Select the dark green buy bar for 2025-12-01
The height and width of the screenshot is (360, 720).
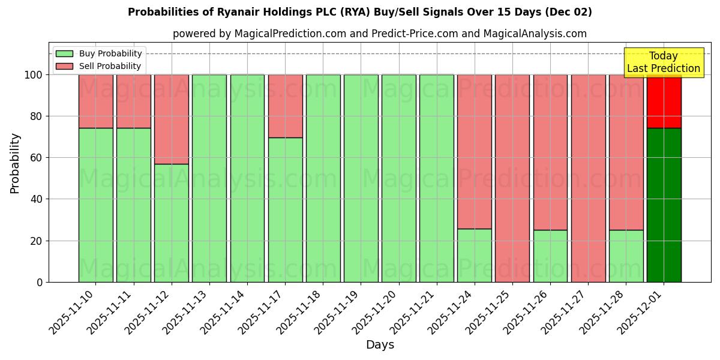(664, 205)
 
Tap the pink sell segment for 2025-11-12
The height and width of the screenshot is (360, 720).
(171, 119)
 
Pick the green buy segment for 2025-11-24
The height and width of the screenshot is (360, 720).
(474, 255)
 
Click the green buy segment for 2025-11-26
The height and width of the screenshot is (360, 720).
(550, 256)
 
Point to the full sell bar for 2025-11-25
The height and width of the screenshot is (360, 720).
(512, 178)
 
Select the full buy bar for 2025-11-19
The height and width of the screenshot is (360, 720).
(361, 178)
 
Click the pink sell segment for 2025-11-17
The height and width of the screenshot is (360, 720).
(285, 106)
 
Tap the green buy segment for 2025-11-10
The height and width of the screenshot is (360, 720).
(95, 205)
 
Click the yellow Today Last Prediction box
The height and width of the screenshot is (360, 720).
(664, 62)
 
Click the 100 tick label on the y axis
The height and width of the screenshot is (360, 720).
(34, 75)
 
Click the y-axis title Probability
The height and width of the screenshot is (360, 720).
(15, 163)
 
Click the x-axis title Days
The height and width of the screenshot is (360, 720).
(380, 345)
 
